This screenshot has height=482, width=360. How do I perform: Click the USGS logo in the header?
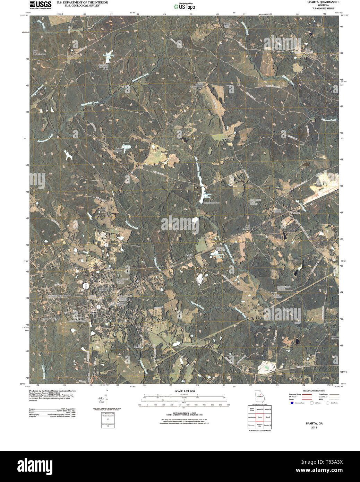click(x=40, y=5)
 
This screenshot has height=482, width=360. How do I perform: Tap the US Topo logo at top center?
click(x=184, y=6)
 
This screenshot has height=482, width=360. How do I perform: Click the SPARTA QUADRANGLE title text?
click(x=319, y=2)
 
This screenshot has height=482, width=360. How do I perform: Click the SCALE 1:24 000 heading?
click(x=184, y=391)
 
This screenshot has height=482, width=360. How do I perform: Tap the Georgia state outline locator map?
click(x=259, y=396)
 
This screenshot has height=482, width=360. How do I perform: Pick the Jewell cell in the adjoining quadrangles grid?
click(x=267, y=417)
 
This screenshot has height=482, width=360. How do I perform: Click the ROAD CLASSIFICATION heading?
click(x=314, y=391)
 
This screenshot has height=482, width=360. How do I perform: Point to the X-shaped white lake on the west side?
click(x=69, y=155)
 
